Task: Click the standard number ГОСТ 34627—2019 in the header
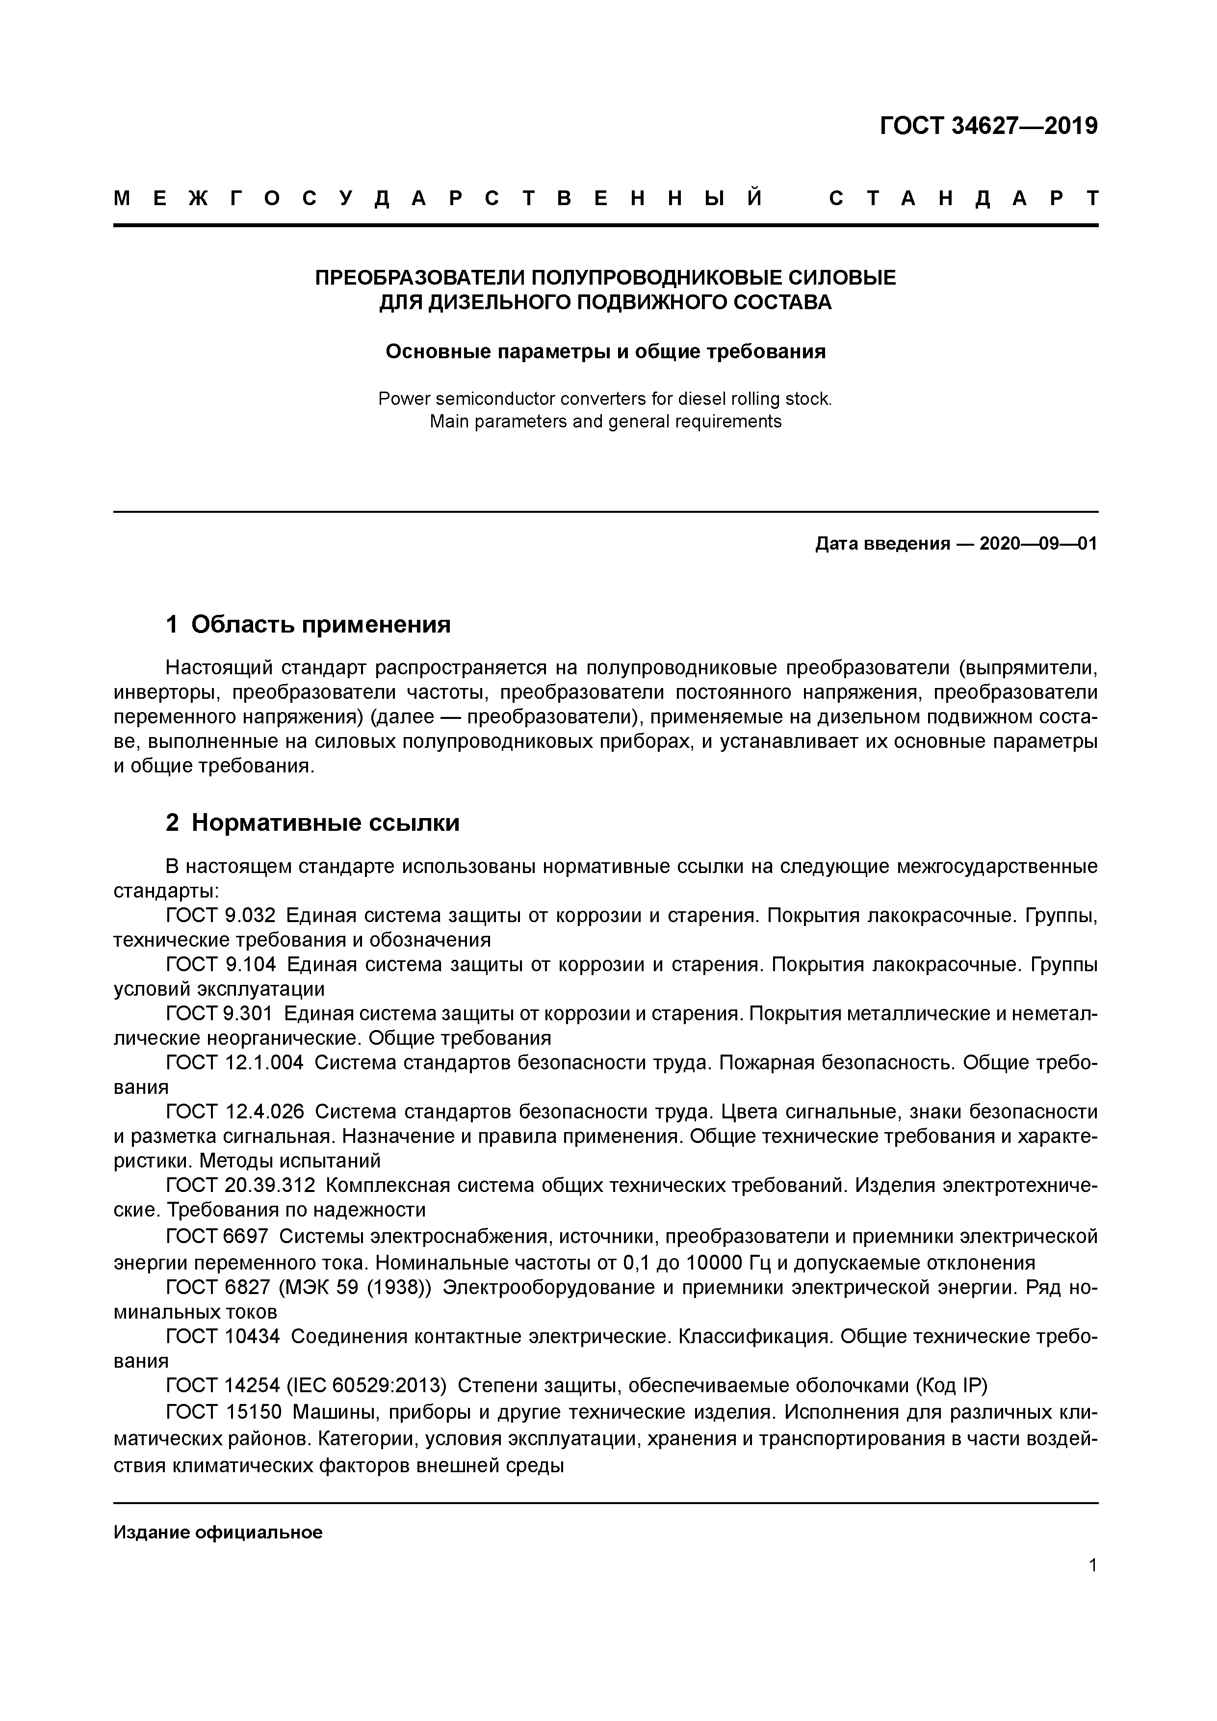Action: point(988,126)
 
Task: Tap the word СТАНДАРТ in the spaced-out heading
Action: point(964,199)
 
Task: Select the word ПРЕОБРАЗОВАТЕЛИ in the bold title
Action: point(420,278)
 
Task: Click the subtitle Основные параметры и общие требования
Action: point(605,351)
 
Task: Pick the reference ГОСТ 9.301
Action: point(220,1013)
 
